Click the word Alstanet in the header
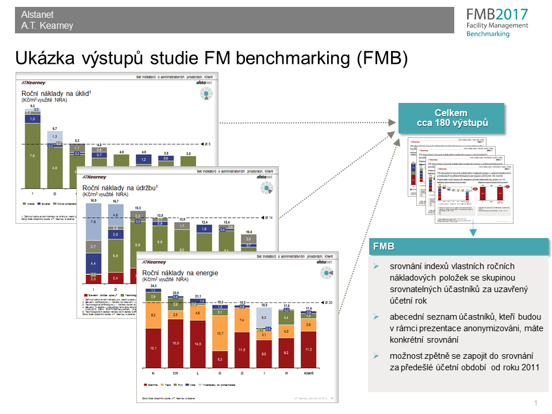pos(37,15)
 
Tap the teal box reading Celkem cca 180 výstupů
pos(451,118)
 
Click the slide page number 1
pos(535,402)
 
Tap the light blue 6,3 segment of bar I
pos(263,317)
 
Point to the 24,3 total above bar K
pos(154,285)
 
